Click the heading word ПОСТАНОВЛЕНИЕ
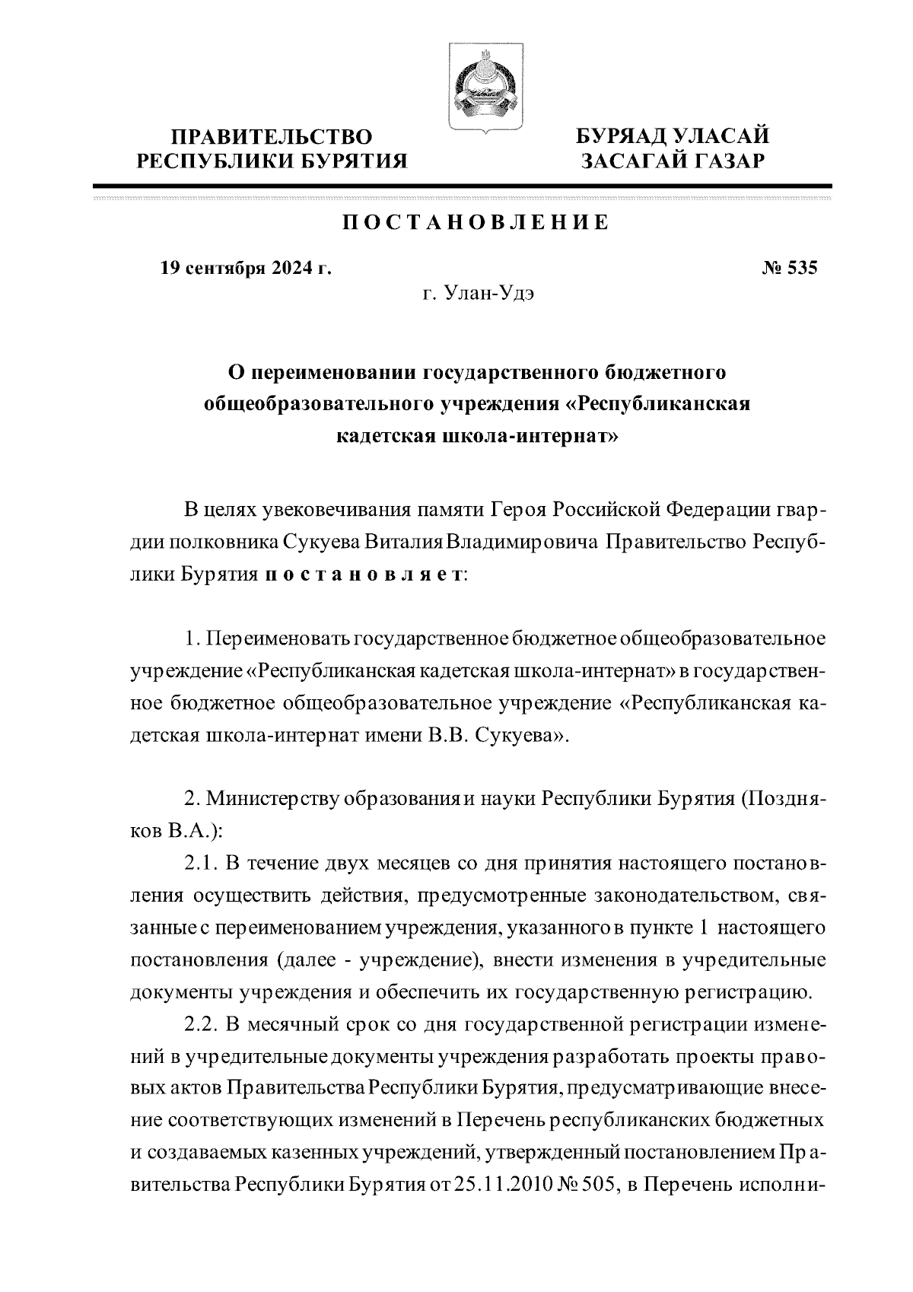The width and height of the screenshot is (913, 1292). click(474, 223)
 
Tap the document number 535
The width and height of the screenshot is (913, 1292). click(800, 268)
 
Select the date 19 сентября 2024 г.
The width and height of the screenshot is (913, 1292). click(246, 268)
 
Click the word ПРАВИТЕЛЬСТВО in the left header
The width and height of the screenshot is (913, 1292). click(272, 137)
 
